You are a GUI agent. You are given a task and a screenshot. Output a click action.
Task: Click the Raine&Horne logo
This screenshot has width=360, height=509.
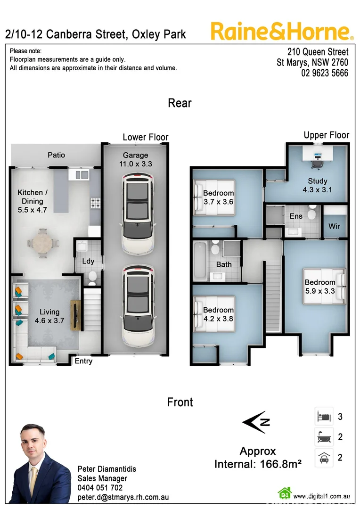tap(282, 31)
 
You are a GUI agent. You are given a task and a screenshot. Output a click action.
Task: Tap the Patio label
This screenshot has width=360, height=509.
tap(56, 155)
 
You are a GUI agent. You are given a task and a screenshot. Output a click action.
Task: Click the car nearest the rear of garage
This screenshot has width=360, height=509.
tap(138, 213)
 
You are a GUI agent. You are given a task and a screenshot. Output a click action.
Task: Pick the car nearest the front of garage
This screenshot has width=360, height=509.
tap(138, 305)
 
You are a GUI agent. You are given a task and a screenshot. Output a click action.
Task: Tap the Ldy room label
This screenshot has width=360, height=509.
tap(88, 261)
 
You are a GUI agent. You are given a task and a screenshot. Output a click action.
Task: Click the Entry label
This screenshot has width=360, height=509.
tap(83, 361)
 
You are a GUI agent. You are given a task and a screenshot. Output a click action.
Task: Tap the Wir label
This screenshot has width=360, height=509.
tap(334, 226)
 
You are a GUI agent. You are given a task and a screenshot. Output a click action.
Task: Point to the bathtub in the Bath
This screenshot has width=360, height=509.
tap(200, 260)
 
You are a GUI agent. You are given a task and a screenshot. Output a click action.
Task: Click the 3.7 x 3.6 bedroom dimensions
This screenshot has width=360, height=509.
tap(218, 202)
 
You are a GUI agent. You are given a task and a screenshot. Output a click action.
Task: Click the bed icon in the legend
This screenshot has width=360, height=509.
tap(324, 416)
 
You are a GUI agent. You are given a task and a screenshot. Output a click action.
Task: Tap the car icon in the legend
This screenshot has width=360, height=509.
tap(324, 458)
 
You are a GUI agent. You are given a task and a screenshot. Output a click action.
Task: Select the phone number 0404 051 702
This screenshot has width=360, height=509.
tap(100, 488)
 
